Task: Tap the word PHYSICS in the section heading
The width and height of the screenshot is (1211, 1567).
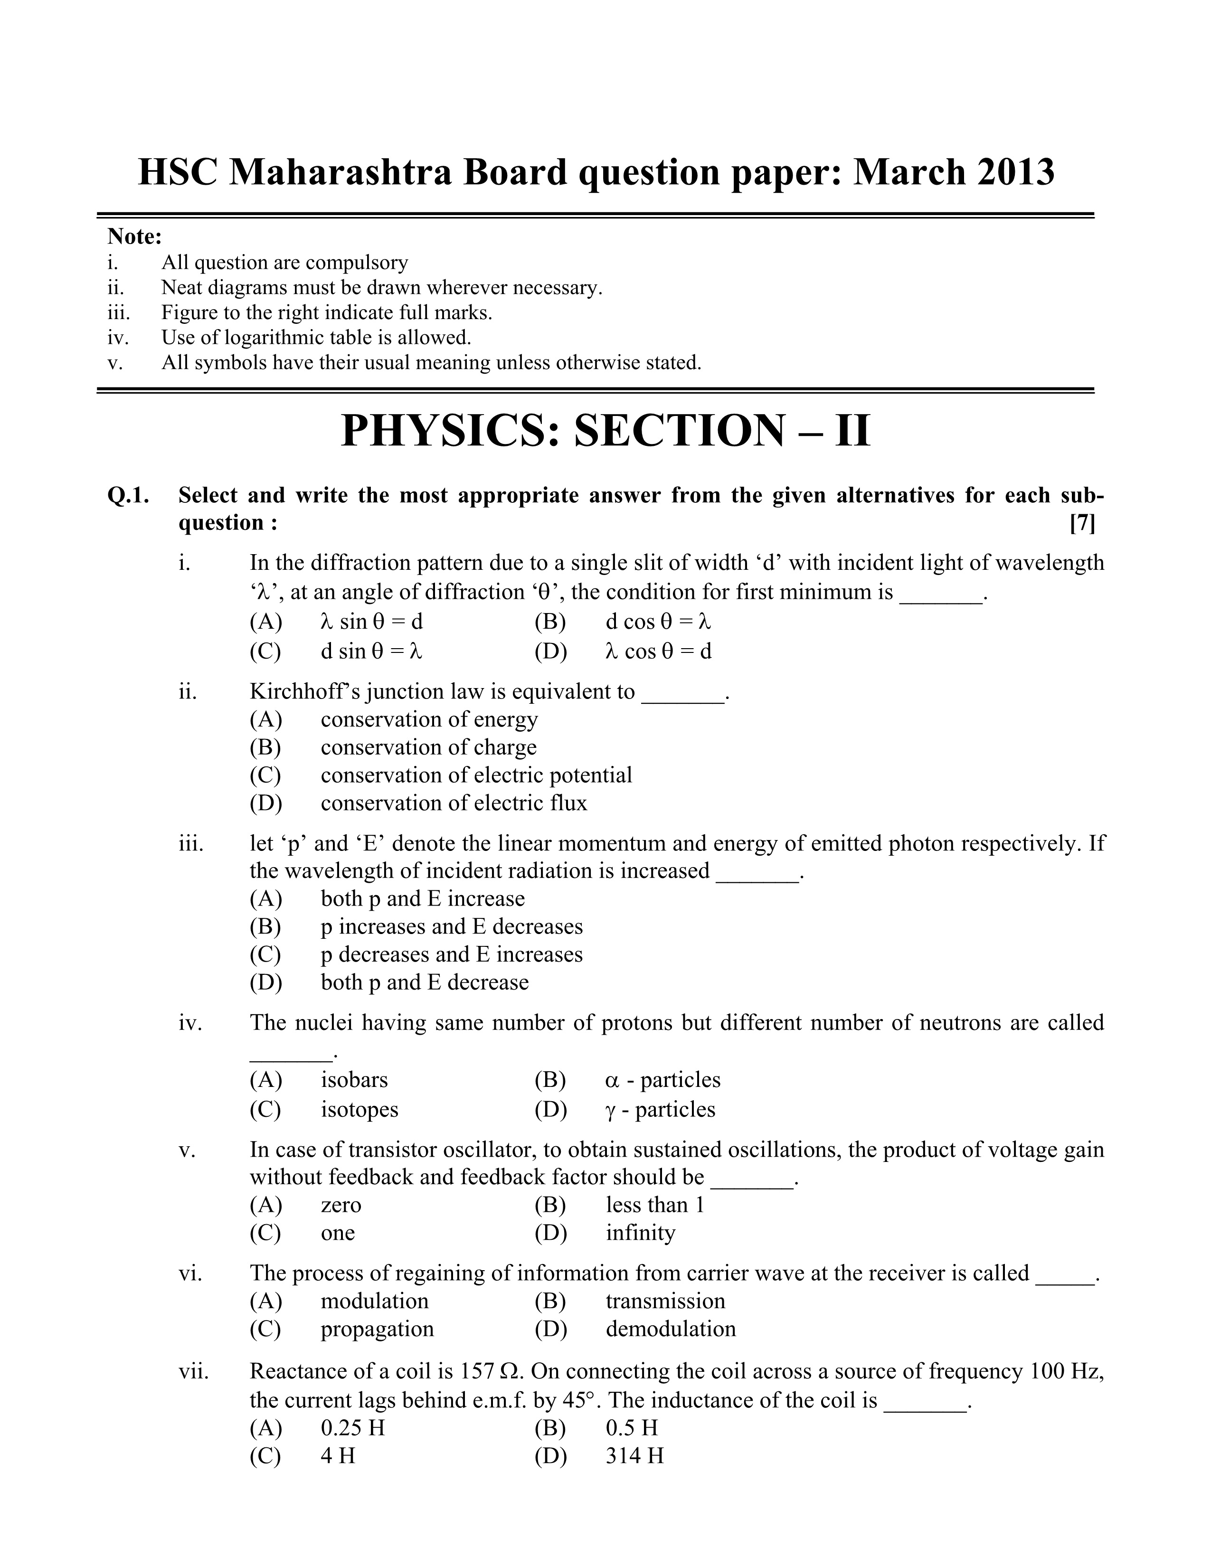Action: pos(448,431)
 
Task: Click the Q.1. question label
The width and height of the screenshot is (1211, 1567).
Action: pos(128,495)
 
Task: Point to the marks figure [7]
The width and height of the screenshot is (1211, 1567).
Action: pos(1082,524)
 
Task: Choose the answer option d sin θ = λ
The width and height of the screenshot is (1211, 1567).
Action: pos(371,651)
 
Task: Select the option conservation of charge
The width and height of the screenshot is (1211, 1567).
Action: pos(428,747)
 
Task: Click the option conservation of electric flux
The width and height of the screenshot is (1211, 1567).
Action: pos(454,803)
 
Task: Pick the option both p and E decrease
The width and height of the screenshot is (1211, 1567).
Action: pos(424,982)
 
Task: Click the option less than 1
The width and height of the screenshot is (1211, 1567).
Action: pos(654,1205)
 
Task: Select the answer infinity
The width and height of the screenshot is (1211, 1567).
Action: pos(640,1233)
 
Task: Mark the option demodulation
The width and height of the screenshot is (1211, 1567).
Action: pos(670,1329)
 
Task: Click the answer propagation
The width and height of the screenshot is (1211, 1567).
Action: pos(377,1329)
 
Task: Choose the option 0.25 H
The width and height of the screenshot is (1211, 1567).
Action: pos(352,1428)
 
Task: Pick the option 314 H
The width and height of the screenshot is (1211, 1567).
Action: pos(634,1456)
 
